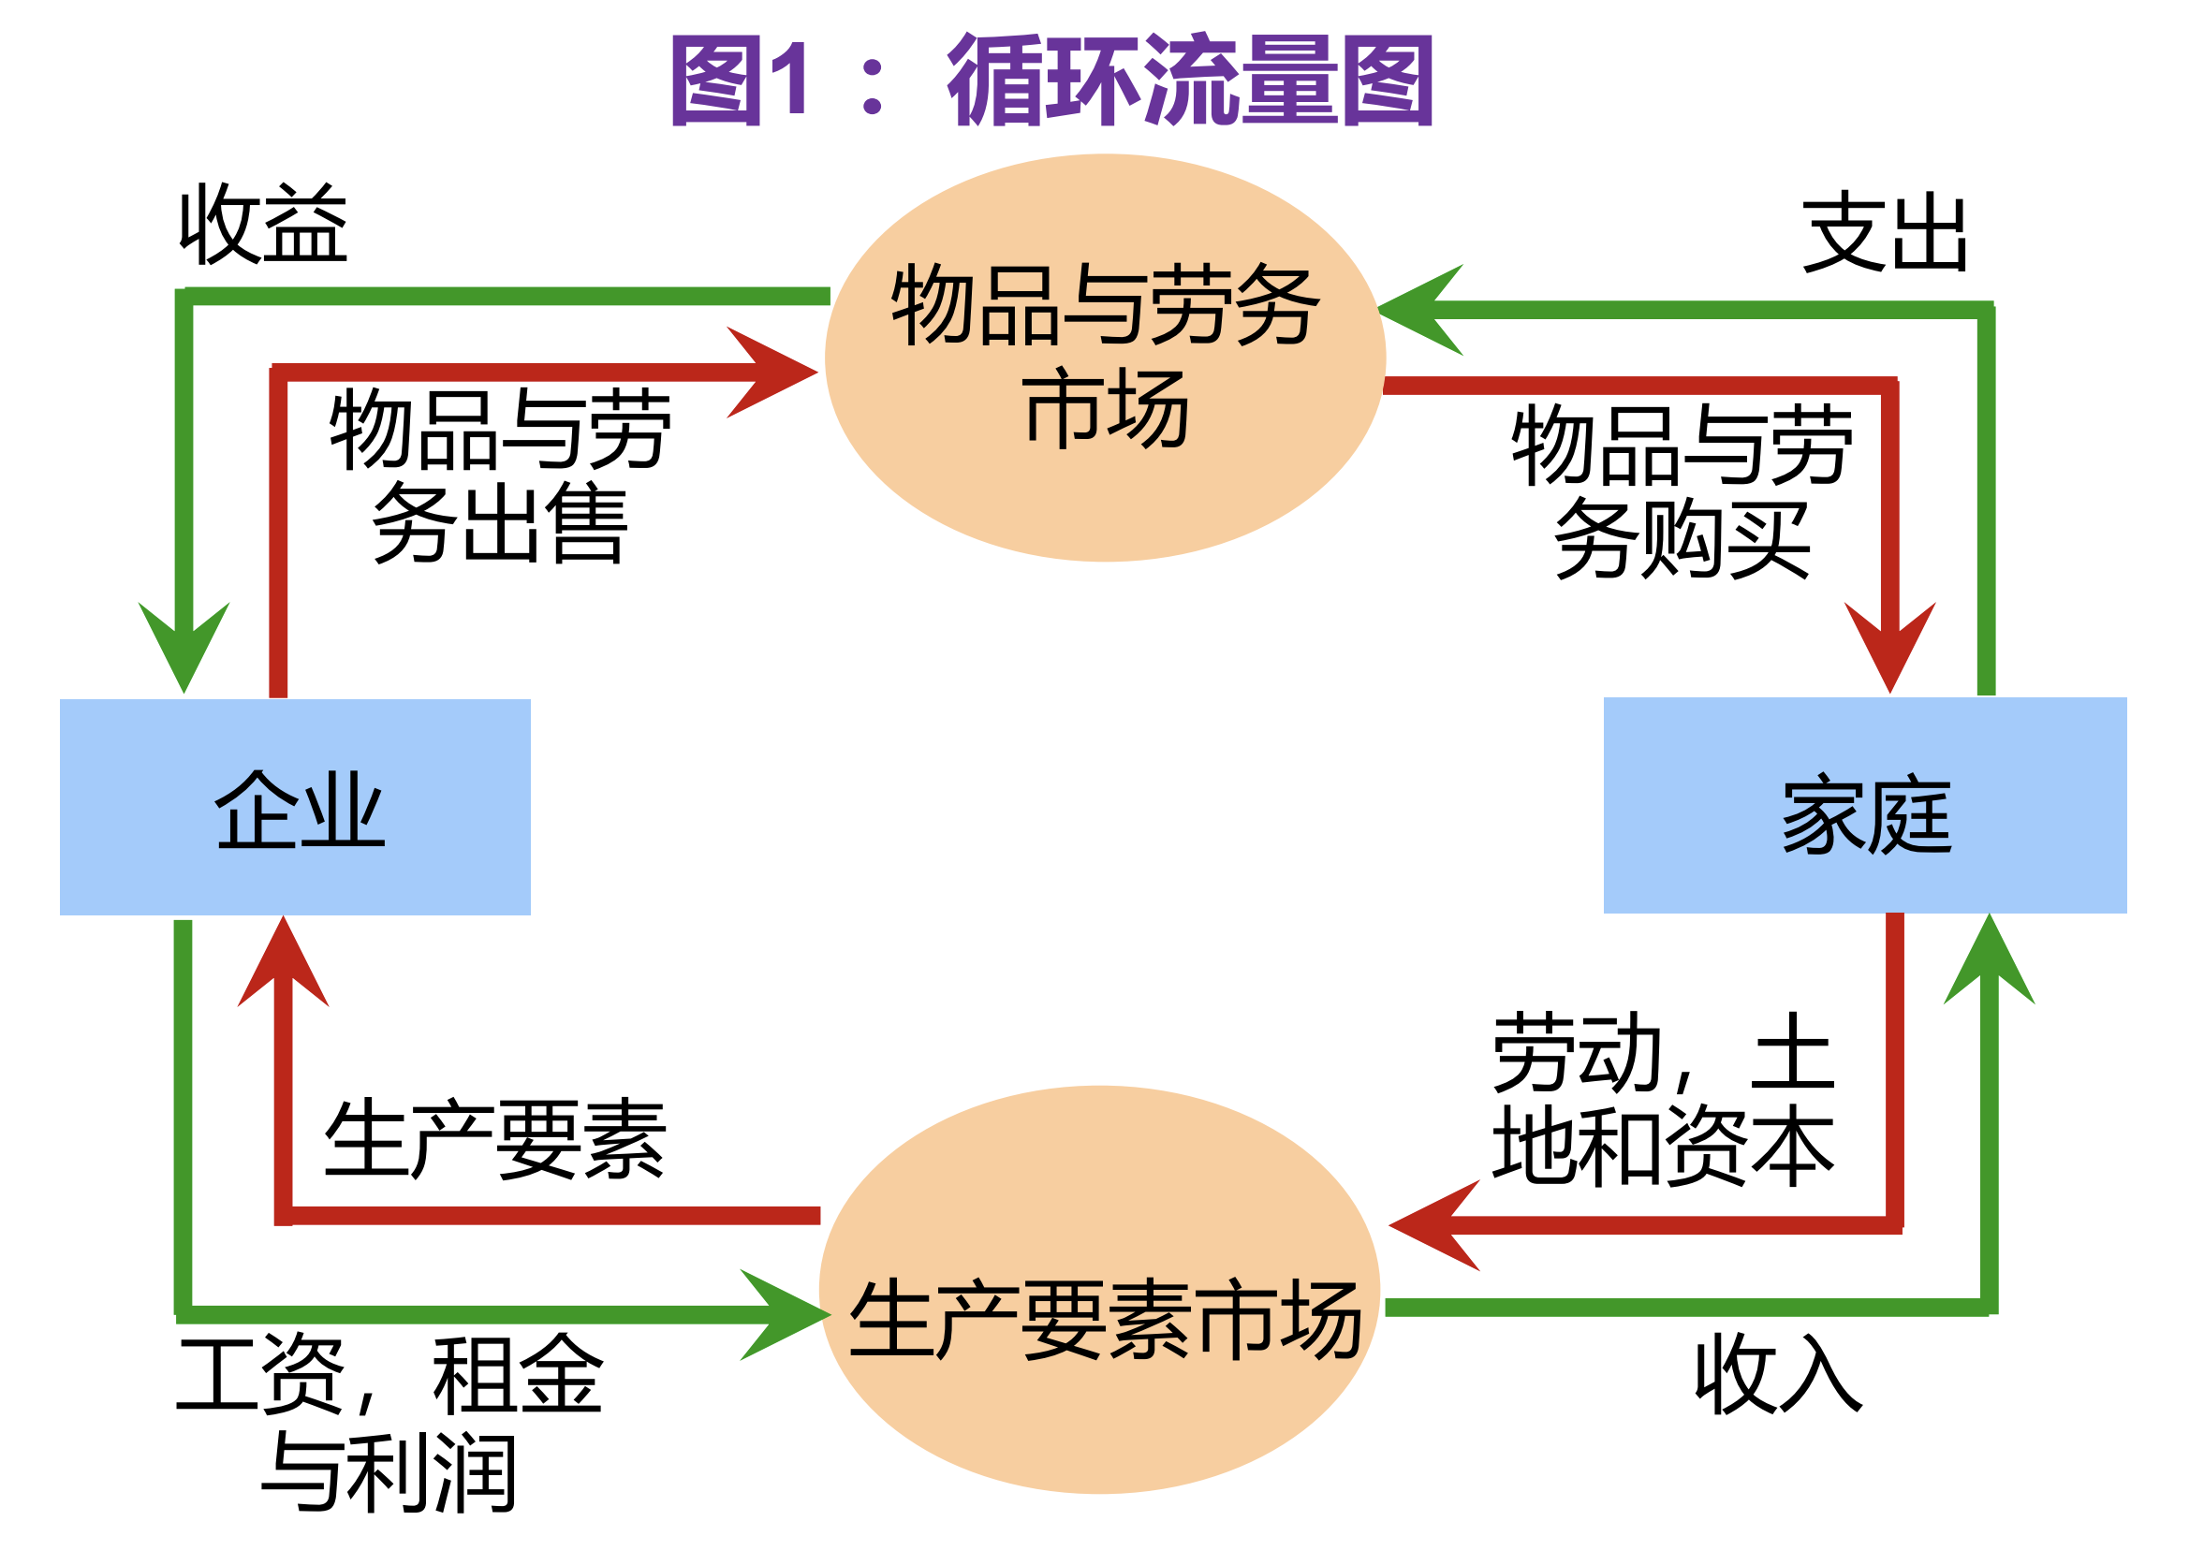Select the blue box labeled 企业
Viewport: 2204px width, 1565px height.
[x=295, y=807]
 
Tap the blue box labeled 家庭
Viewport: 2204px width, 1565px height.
[x=1864, y=805]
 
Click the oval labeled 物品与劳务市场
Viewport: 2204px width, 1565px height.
[x=1105, y=358]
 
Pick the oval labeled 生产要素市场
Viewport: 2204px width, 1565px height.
[x=1099, y=1292]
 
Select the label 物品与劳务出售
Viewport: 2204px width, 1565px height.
[x=500, y=476]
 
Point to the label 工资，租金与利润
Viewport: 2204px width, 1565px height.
[x=389, y=1422]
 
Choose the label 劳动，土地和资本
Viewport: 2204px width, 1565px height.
[x=1663, y=1099]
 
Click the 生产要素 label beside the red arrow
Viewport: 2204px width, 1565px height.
[x=494, y=1139]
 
